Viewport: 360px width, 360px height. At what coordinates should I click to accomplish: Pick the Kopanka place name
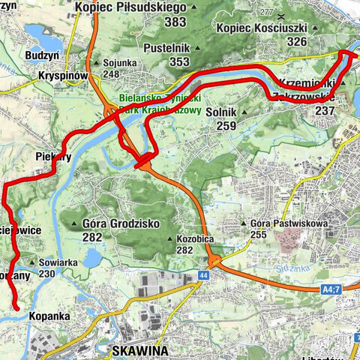52,316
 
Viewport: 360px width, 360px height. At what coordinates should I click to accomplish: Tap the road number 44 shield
202,276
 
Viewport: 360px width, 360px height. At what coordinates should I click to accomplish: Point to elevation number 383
175,22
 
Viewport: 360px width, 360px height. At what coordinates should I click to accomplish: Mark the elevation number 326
296,41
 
